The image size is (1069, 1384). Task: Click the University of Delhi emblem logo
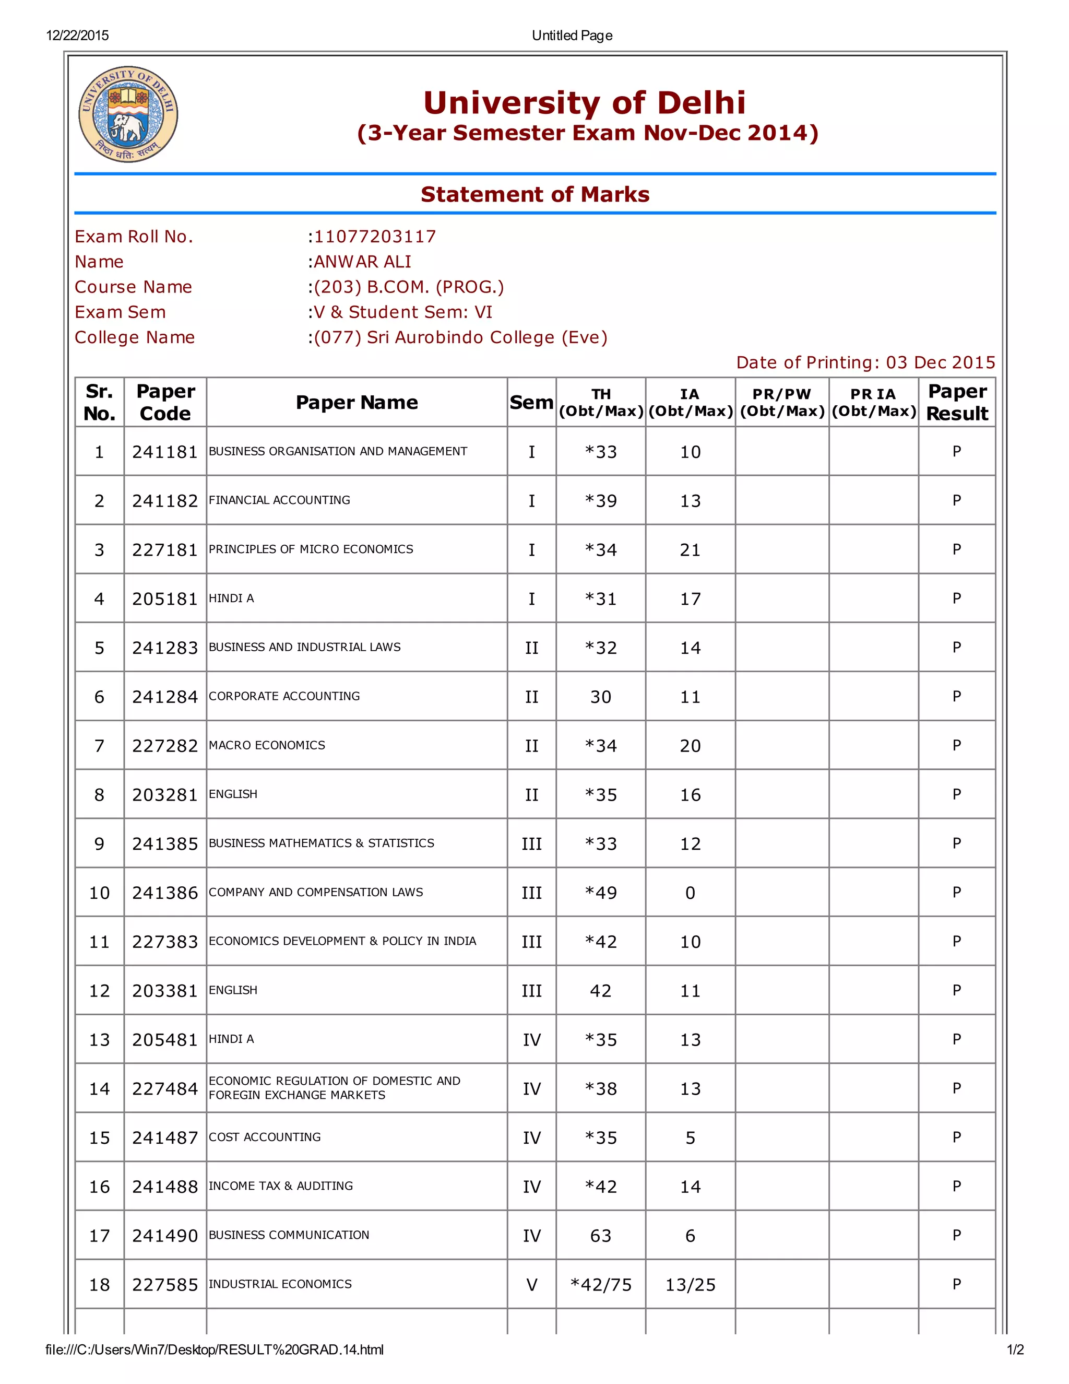128,114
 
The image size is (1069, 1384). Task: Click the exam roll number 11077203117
375,237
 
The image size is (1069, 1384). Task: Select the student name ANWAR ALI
362,262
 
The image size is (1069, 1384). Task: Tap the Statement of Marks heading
534,194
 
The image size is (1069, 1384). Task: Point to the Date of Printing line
865,362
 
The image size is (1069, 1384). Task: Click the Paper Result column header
956,402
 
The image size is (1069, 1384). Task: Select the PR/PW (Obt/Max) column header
781,402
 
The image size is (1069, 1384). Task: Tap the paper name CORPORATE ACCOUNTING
284,696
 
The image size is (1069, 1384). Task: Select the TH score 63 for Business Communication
600,1235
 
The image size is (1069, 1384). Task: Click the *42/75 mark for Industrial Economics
600,1285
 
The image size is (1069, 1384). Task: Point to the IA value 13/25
690,1285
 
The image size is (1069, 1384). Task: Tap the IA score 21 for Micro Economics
690,549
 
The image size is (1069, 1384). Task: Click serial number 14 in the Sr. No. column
99,1089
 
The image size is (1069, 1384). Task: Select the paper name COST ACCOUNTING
265,1137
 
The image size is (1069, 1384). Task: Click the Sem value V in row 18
531,1285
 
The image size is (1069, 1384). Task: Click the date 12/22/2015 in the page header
77,36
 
